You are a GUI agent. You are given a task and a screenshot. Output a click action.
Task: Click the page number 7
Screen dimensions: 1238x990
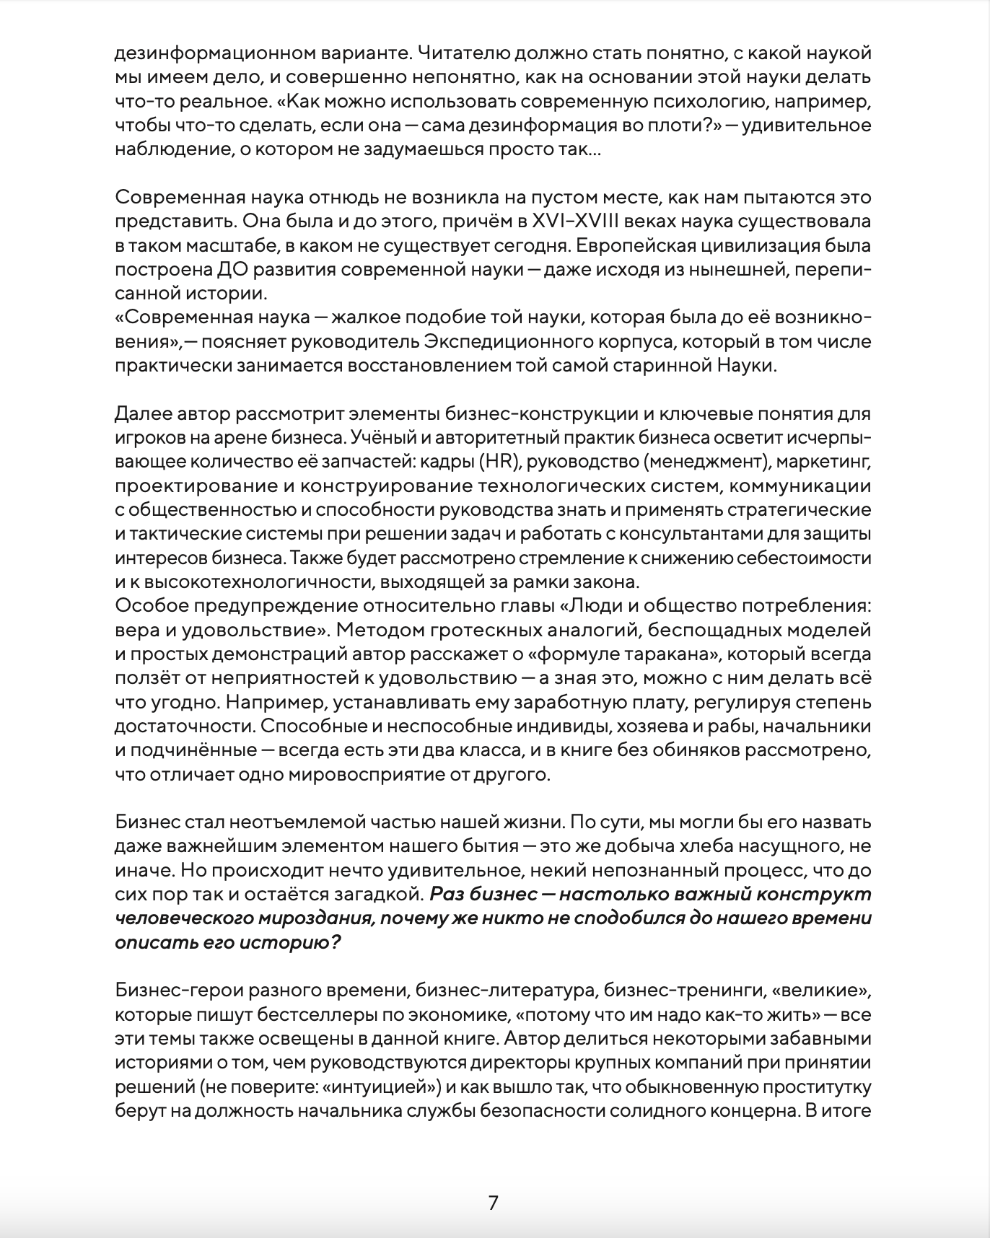point(494,1203)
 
